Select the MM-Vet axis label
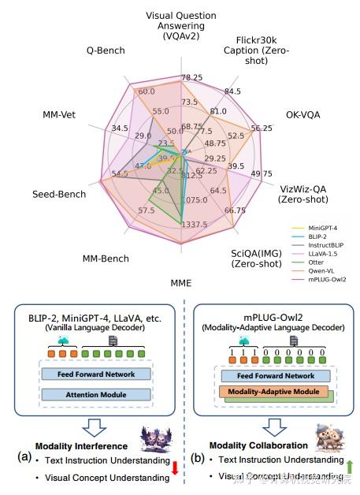click(x=58, y=115)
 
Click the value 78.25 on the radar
click(x=192, y=77)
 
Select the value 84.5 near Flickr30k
click(x=232, y=91)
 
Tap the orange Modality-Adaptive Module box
click(x=268, y=391)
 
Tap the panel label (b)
click(x=197, y=457)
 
